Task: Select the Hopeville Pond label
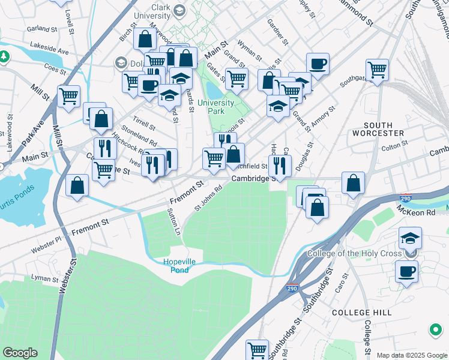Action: [184, 266]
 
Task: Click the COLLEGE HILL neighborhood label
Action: [361, 313]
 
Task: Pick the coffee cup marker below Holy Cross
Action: [407, 271]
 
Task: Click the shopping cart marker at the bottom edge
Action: [258, 349]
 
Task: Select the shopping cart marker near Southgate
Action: [378, 69]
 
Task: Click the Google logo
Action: [20, 353]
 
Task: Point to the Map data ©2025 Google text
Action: [412, 355]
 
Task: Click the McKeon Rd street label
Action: [415, 212]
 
